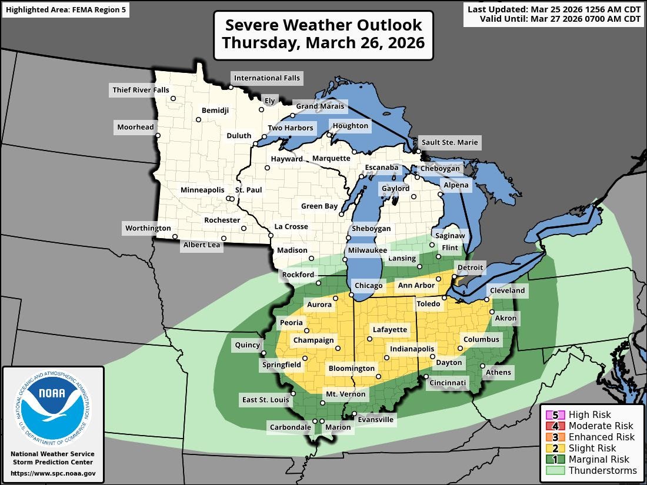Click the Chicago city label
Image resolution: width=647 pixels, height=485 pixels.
(368, 286)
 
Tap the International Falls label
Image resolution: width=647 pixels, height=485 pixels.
(266, 78)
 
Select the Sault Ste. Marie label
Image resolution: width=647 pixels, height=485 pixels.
(449, 142)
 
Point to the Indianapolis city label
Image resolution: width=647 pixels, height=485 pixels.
(412, 349)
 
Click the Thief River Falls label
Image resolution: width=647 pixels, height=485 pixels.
(139, 90)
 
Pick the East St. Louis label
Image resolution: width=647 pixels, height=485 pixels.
(266, 400)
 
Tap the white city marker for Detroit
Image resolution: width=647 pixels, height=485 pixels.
(454, 276)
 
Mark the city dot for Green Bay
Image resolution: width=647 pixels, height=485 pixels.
(341, 215)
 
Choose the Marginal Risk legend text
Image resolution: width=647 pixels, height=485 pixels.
(599, 459)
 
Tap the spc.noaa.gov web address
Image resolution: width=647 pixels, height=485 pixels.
(53, 473)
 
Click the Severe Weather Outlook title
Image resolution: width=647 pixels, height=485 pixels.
(323, 34)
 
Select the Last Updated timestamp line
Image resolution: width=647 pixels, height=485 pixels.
(554, 9)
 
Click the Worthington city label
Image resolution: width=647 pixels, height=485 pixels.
(148, 228)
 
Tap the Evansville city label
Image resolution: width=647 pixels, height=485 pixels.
(377, 420)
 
